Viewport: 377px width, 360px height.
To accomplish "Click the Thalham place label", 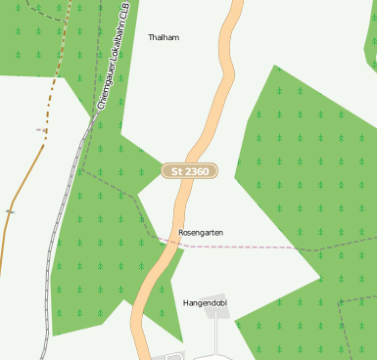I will tap(164, 37).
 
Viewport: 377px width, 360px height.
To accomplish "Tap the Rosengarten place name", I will tap(201, 233).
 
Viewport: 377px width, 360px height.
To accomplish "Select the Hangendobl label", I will tap(205, 303).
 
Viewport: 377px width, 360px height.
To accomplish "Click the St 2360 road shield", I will tap(190, 171).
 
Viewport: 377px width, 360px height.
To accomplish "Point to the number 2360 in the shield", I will tap(197, 171).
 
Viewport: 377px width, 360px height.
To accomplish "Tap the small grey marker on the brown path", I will tap(10, 210).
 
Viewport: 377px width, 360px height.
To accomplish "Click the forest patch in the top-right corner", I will tap(370, 44).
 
